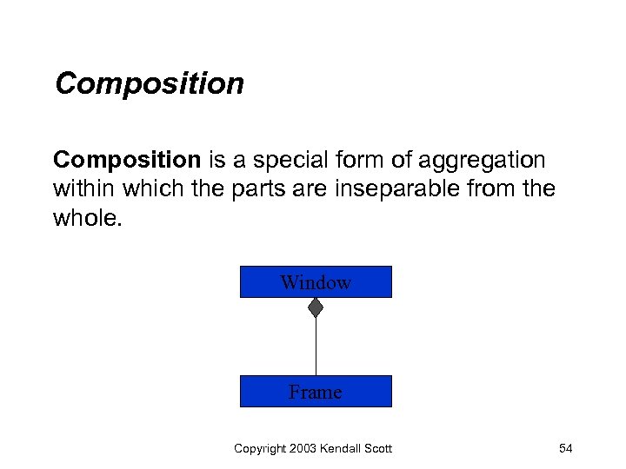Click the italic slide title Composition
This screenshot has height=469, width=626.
pyautogui.click(x=149, y=84)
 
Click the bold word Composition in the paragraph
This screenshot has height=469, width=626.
pyautogui.click(x=127, y=161)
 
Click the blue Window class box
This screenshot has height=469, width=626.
pyautogui.click(x=316, y=282)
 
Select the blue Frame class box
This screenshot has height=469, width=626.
pyautogui.click(x=316, y=392)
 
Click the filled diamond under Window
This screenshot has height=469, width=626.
pyautogui.click(x=316, y=307)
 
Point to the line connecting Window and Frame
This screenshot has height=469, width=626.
pyautogui.click(x=316, y=347)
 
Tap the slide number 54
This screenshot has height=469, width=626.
pyautogui.click(x=565, y=448)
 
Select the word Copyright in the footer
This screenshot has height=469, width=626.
pyautogui.click(x=260, y=448)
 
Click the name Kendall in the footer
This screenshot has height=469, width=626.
pyautogui.click(x=343, y=448)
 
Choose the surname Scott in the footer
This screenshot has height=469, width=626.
pyautogui.click(x=379, y=448)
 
